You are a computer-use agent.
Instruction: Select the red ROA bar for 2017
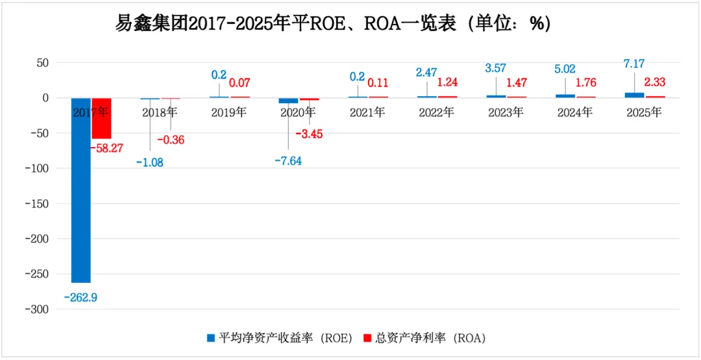[x=102, y=118]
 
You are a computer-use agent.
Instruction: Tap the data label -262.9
[x=80, y=298]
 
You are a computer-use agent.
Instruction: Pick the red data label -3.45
[x=309, y=134]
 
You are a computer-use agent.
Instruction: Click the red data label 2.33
[x=654, y=82]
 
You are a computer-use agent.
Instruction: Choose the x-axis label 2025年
[x=644, y=112]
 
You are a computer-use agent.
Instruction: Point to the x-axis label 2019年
[x=228, y=112]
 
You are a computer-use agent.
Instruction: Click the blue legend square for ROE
[x=210, y=337]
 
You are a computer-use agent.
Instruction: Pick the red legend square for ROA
[x=367, y=337]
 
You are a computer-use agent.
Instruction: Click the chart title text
[x=332, y=23]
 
